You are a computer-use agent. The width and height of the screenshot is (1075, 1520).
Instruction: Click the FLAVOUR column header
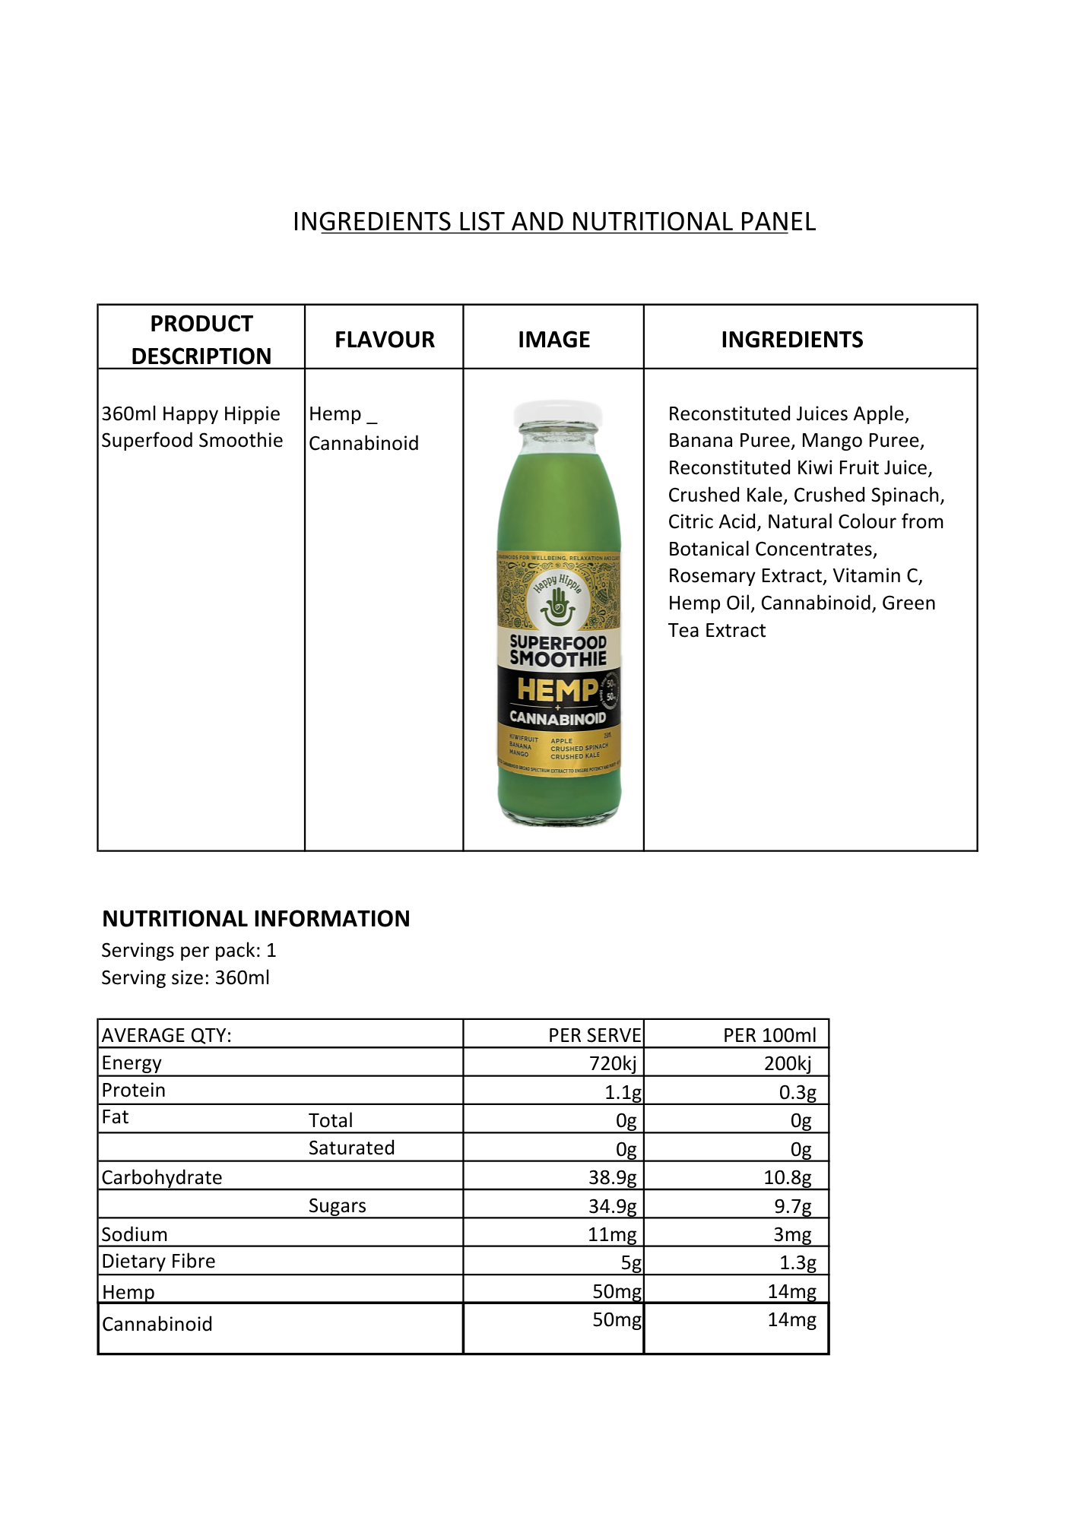(385, 340)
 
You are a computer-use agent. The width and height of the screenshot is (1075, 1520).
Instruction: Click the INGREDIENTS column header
(791, 340)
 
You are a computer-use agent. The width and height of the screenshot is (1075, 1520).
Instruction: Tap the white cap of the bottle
(557, 414)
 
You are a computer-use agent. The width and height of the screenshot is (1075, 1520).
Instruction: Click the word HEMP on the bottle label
(557, 690)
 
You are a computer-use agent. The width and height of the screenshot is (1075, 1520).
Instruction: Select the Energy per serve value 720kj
(613, 1063)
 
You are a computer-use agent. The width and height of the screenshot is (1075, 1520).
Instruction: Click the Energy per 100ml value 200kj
(788, 1063)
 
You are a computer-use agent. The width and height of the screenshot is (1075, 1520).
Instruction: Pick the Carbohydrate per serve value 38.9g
(613, 1177)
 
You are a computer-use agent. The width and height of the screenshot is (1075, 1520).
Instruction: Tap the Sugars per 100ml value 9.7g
(793, 1206)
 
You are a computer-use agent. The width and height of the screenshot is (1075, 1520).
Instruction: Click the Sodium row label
(135, 1234)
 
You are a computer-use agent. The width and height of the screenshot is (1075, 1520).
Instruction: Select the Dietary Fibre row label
(159, 1262)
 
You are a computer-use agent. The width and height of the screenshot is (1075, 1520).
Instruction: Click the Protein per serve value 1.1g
(623, 1092)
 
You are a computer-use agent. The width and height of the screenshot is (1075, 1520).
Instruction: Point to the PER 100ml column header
(769, 1035)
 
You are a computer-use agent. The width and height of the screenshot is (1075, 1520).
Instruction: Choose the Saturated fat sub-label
(351, 1148)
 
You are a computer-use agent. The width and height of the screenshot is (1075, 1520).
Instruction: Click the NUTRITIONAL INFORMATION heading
(256, 919)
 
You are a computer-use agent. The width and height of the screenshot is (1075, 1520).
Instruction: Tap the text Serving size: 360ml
(186, 977)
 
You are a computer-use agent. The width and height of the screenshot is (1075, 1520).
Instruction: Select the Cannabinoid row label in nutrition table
(157, 1324)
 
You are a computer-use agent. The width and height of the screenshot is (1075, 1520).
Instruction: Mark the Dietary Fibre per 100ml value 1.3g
(798, 1263)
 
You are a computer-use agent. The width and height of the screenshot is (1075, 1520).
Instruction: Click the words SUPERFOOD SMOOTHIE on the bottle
(558, 651)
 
